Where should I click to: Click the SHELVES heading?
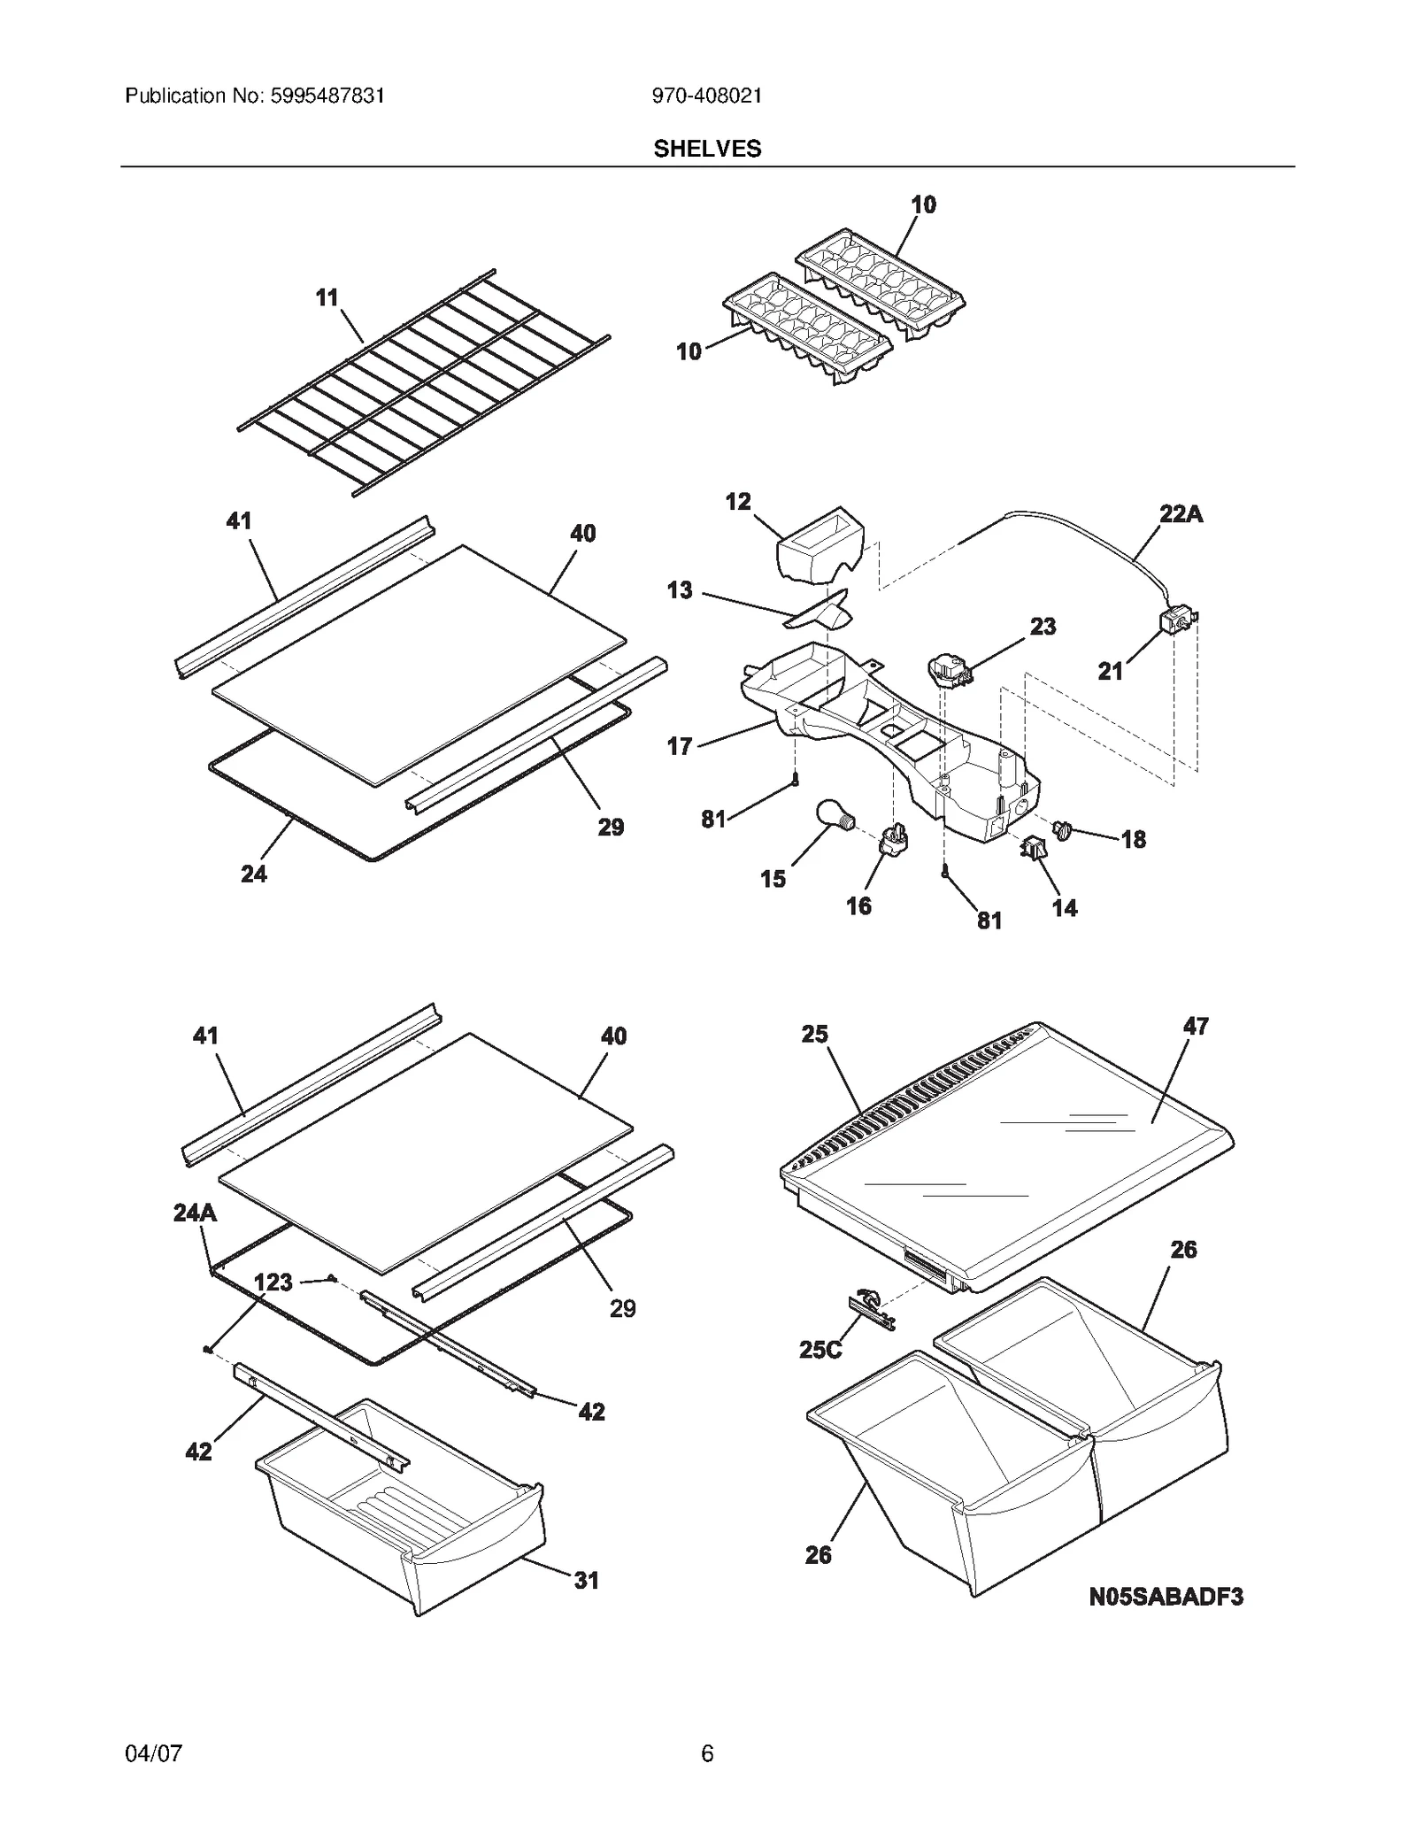tap(707, 149)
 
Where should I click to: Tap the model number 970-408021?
tap(706, 96)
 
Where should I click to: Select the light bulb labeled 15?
tap(832, 813)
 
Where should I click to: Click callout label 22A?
tap(1181, 514)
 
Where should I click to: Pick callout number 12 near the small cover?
tap(737, 502)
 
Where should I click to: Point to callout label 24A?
tap(195, 1213)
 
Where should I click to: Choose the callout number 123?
tap(273, 1282)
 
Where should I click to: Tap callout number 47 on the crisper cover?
tap(1196, 1027)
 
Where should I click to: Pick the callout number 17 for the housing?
tap(679, 747)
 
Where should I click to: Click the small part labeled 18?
tap(1061, 828)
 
